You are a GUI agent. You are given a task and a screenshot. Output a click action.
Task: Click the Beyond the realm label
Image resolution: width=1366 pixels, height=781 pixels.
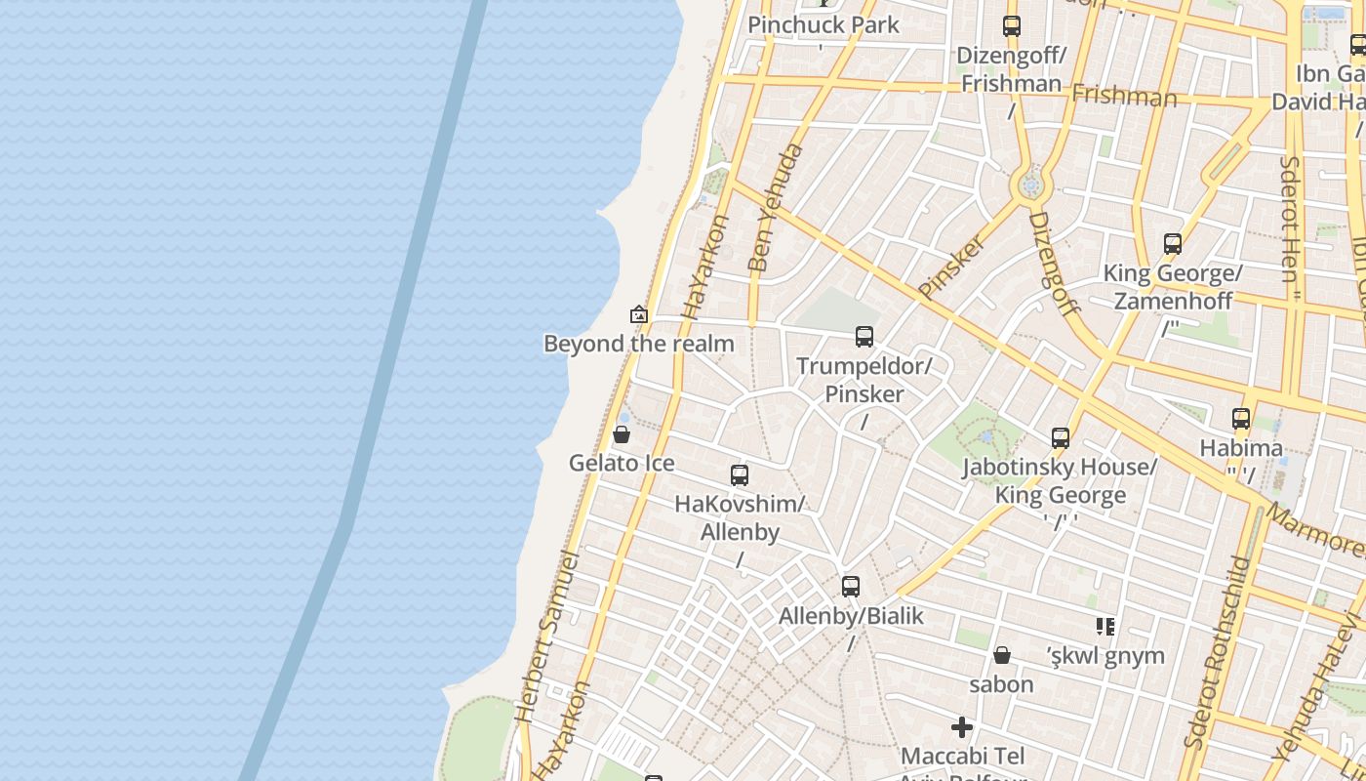[x=638, y=344]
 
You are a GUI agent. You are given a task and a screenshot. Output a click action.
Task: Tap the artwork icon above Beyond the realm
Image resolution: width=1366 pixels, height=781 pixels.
[x=639, y=314]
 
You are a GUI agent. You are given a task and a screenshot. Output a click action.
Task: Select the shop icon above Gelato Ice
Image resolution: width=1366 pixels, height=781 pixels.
[x=622, y=434]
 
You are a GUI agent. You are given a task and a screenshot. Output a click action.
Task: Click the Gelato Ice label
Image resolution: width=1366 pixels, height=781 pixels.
[x=622, y=463]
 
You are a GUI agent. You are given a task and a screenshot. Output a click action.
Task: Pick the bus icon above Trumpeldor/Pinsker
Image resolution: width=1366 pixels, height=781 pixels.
[x=864, y=337]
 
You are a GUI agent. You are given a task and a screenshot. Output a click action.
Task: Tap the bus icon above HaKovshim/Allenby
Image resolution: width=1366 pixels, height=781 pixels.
[x=740, y=475]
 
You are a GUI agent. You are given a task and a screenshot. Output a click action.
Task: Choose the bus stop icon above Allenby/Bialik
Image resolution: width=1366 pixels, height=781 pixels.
[x=851, y=587]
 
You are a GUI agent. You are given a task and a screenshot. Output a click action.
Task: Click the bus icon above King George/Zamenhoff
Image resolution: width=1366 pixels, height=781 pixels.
[x=1173, y=244]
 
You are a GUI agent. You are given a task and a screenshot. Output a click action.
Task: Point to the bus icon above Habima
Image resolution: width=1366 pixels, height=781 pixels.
[x=1241, y=419]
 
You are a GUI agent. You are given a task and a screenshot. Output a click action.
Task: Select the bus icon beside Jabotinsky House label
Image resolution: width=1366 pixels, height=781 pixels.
[x=1061, y=438]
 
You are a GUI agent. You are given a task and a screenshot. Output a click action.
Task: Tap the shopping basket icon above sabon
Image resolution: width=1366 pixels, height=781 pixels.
[x=1001, y=655]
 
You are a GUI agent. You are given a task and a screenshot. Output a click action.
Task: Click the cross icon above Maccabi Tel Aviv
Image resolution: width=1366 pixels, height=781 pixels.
[x=962, y=727]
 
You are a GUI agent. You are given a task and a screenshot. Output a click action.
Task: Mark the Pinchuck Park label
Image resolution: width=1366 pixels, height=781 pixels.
[x=824, y=24]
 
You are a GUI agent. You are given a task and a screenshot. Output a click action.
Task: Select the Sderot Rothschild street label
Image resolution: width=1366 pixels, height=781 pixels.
[x=1216, y=652]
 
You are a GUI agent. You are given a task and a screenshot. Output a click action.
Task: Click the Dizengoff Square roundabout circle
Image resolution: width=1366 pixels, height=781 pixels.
[x=1030, y=185]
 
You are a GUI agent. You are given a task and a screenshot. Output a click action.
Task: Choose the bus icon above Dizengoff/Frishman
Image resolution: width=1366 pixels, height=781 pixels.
[x=1012, y=26]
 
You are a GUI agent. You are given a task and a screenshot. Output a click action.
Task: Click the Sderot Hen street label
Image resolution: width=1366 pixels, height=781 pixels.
[x=1290, y=220]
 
